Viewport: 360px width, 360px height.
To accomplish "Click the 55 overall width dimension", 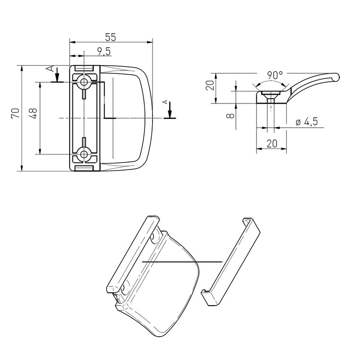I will tap(110, 37).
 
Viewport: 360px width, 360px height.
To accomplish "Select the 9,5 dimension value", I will tap(103, 51).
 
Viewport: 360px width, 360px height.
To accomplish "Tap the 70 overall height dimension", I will tap(15, 113).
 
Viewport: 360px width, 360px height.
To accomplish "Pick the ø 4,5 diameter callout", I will tap(307, 122).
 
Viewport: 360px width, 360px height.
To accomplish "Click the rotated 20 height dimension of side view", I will tap(208, 85).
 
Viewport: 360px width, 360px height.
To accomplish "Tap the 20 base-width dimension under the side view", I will tap(271, 144).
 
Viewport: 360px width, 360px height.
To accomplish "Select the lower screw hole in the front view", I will tap(84, 154).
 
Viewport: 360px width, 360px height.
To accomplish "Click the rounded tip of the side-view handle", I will tap(335, 78).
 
